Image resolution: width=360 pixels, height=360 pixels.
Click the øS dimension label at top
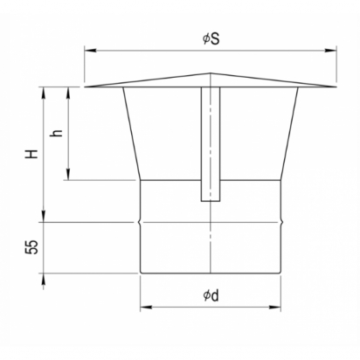click(211, 39)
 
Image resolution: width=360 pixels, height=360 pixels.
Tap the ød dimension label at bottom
click(211, 295)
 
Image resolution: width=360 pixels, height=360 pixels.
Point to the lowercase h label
click(56, 133)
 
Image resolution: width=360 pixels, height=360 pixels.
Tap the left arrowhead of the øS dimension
click(88, 51)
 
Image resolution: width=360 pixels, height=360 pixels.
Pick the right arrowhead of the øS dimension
click(331, 51)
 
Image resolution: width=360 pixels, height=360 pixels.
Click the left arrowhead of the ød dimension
click(146, 307)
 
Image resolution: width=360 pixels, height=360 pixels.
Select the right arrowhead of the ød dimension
click(275, 307)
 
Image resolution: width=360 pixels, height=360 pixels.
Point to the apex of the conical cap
click(211, 73)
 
